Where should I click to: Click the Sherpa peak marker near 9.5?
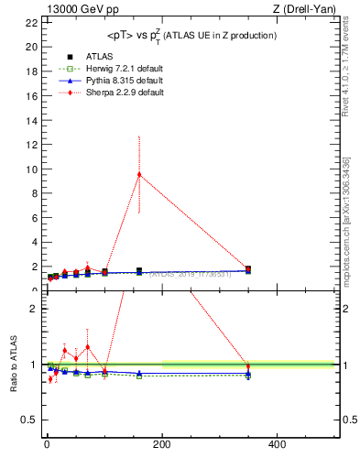coord(139,174)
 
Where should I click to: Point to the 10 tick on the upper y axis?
coord(33,169)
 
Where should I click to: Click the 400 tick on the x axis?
coord(277,444)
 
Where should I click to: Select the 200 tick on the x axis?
coord(162,444)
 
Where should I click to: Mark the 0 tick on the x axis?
coord(47,444)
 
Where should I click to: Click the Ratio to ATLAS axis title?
coord(13,366)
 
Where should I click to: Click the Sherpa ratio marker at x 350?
coord(248,366)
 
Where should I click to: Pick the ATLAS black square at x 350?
coord(248,269)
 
